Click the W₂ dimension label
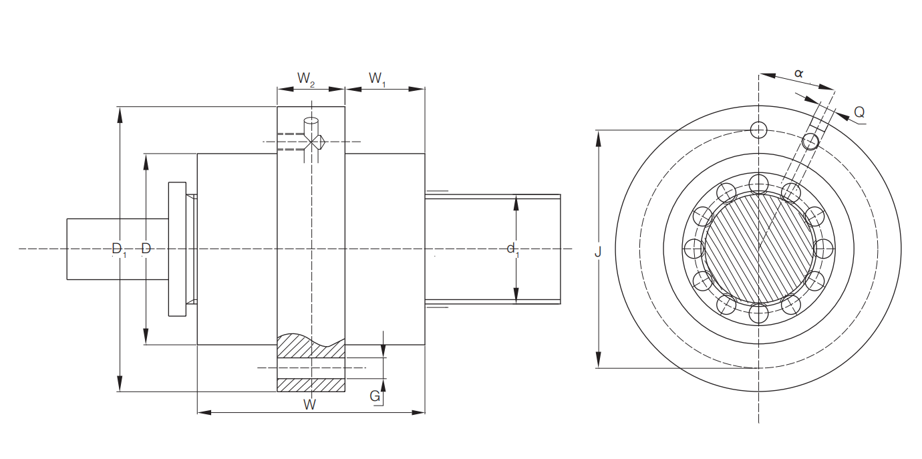tap(306, 79)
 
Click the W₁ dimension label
tap(377, 79)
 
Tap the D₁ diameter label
tap(119, 249)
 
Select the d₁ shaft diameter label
tap(513, 249)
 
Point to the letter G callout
tap(375, 396)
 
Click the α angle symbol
tap(798, 73)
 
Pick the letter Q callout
tap(859, 112)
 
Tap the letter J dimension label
tap(598, 251)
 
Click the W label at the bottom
tap(309, 405)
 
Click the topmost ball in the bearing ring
tap(758, 184)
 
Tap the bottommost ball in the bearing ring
tap(758, 314)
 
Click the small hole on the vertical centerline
tap(758, 130)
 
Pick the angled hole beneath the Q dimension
tap(810, 142)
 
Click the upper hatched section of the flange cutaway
tap(311, 346)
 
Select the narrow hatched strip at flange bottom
tap(311, 385)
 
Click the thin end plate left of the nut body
tap(178, 249)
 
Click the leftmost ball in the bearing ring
tap(694, 249)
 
